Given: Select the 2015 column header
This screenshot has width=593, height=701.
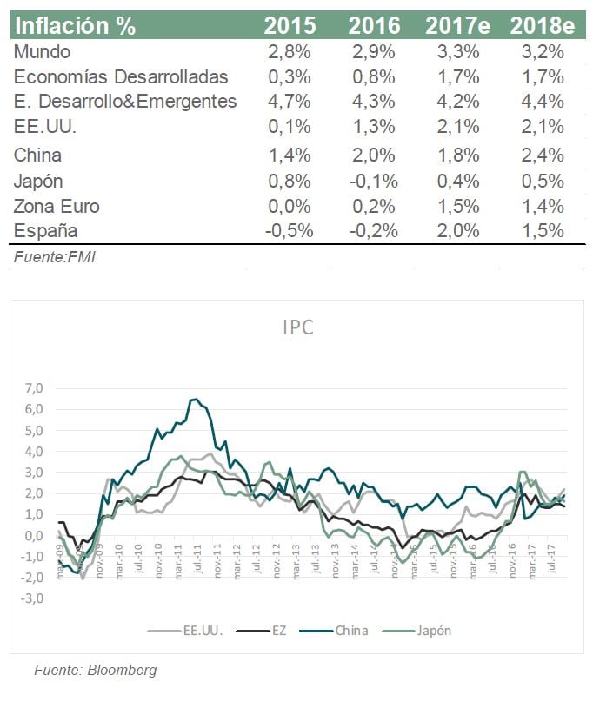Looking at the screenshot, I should [288, 25].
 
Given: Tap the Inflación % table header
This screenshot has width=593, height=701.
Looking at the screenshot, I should [77, 25].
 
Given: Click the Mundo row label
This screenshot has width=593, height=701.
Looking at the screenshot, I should [42, 51].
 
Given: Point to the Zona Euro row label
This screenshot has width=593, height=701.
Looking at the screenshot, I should [57, 207].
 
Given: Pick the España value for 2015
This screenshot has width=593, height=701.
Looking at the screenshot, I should [287, 232].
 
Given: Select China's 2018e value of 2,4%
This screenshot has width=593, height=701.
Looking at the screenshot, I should [543, 156].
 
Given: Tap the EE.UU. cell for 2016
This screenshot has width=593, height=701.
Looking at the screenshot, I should [374, 128].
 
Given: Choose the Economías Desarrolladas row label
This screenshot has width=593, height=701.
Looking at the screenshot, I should [121, 76].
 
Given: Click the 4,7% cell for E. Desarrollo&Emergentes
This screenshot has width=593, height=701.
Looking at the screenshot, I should [288, 102].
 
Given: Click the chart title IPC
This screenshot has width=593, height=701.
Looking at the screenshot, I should [297, 328].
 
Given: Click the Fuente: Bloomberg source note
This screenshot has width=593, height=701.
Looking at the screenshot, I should [95, 670].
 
